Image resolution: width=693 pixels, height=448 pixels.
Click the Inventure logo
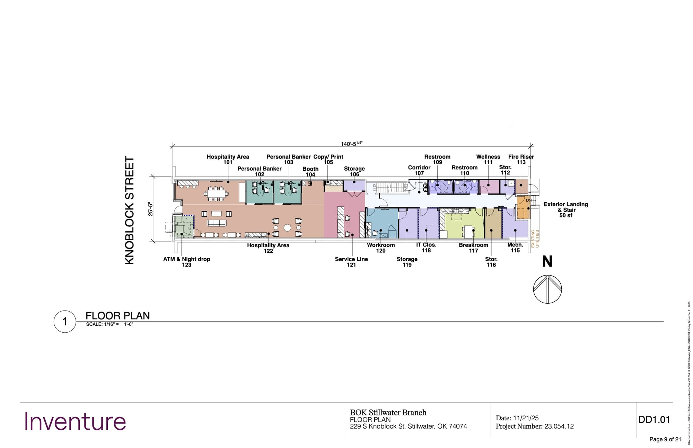click(x=75, y=421)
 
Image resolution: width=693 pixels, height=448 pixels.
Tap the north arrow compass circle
click(x=547, y=289)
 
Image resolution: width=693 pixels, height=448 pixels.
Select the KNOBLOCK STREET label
click(x=129, y=210)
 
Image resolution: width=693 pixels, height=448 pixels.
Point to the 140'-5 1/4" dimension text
click(x=351, y=144)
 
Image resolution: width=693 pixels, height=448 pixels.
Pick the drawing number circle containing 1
click(x=65, y=322)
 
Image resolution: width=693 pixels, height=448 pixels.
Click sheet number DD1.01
click(x=654, y=420)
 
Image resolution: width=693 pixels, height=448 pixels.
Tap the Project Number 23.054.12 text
click(x=535, y=426)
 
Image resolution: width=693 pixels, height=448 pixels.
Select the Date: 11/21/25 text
click(x=517, y=418)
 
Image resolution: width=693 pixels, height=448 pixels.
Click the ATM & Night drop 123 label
click(x=186, y=262)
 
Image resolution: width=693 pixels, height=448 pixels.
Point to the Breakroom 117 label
click(x=473, y=248)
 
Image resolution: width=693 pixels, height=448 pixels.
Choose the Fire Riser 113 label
click(x=521, y=159)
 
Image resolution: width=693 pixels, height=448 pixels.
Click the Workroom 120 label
click(x=381, y=248)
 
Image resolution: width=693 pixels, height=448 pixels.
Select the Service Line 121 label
click(x=351, y=262)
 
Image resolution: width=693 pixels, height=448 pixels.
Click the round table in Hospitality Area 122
click(x=287, y=227)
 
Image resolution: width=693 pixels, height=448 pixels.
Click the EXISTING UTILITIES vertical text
click(x=535, y=239)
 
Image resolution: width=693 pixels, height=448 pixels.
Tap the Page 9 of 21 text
click(x=665, y=439)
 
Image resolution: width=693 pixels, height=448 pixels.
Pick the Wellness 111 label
click(x=488, y=159)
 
